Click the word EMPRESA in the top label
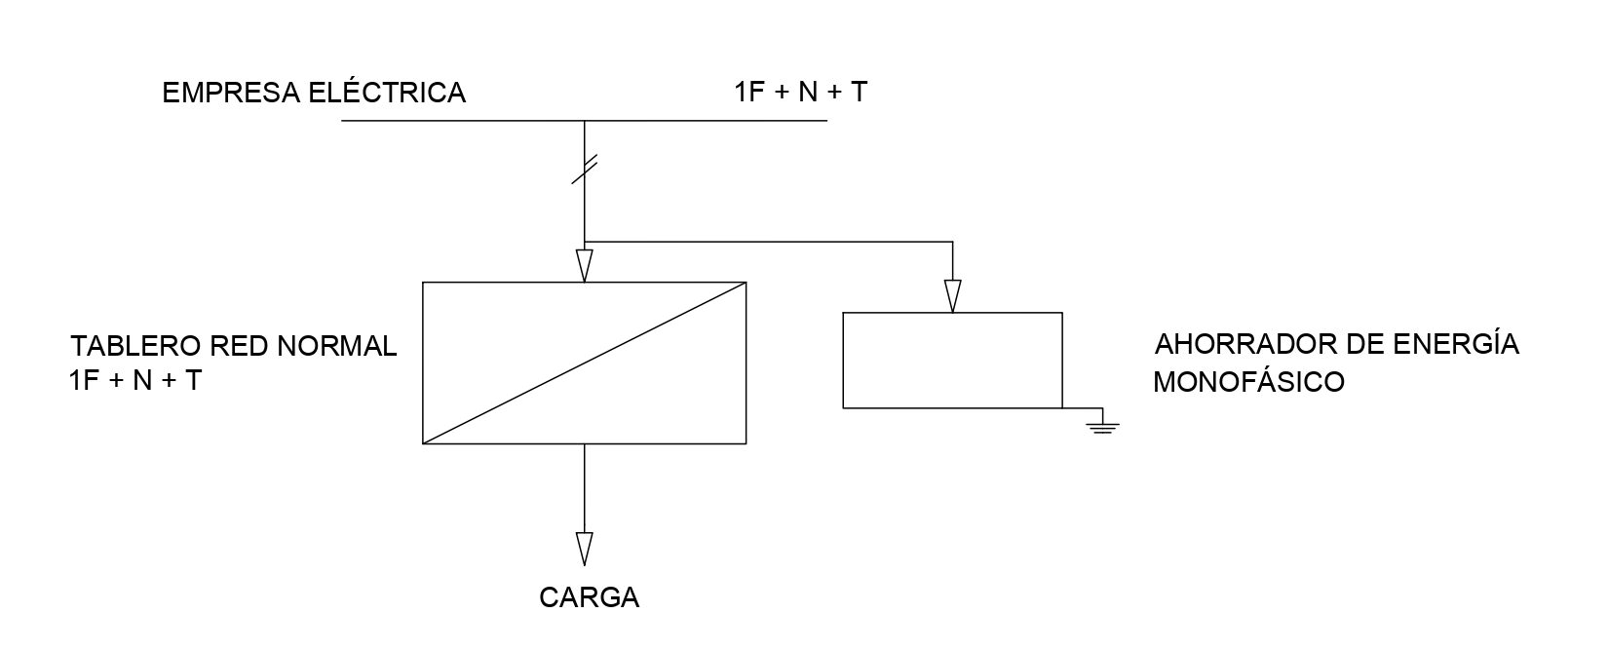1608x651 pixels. coord(231,94)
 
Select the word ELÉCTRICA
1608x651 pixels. coord(388,92)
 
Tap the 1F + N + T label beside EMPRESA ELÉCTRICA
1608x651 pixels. coord(800,92)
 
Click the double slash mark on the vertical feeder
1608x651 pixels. coord(585,170)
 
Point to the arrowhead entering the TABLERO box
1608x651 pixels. coord(585,266)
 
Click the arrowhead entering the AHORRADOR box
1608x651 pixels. coord(952,295)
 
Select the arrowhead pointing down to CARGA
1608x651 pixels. coord(585,549)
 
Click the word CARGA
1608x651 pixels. coord(590,597)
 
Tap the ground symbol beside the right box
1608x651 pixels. coord(1102,424)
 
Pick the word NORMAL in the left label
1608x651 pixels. coord(336,346)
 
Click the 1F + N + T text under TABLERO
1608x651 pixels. coord(134,380)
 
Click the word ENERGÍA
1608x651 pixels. coord(1457,343)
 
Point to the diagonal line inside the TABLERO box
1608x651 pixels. coord(585,364)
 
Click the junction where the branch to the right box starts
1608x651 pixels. coord(585,242)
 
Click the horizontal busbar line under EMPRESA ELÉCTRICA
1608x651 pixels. coord(585,121)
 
